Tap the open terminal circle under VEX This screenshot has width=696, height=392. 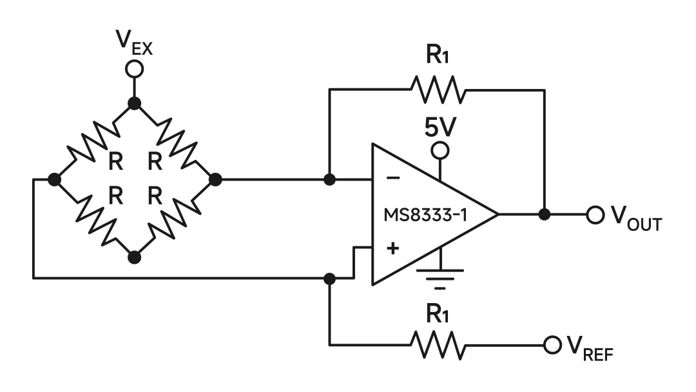(x=134, y=68)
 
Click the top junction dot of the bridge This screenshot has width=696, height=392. (x=134, y=103)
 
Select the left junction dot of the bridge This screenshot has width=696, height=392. (x=55, y=179)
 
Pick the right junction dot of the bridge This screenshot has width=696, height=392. (x=215, y=179)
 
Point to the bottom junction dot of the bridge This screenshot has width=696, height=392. (x=134, y=257)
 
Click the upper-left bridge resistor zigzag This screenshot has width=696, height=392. (x=94, y=142)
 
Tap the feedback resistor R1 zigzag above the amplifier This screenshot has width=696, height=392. (x=438, y=90)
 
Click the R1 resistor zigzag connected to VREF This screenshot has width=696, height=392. (x=438, y=346)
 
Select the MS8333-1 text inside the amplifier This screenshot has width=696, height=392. (x=425, y=215)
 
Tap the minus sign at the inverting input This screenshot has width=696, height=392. (x=394, y=179)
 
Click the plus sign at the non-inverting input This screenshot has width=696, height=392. (x=392, y=249)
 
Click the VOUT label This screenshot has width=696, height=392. (x=635, y=219)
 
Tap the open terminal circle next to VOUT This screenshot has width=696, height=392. (x=594, y=215)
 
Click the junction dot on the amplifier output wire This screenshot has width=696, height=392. (x=545, y=215)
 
